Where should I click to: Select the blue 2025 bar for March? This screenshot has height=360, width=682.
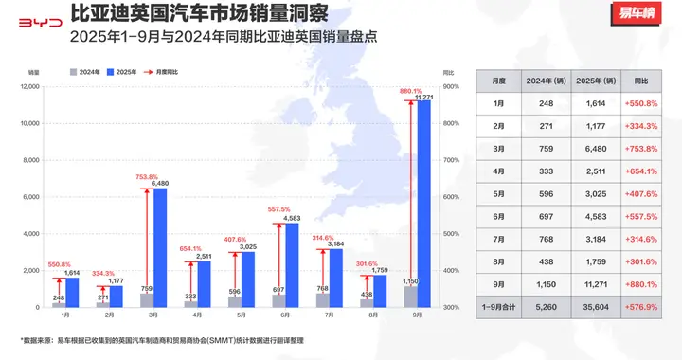click(x=161, y=248)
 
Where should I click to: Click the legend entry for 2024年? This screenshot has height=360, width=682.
click(x=86, y=71)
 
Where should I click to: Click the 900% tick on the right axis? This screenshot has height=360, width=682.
click(x=450, y=87)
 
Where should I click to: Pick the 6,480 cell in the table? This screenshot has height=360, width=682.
click(x=600, y=147)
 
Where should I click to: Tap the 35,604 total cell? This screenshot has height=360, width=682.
click(x=600, y=306)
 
